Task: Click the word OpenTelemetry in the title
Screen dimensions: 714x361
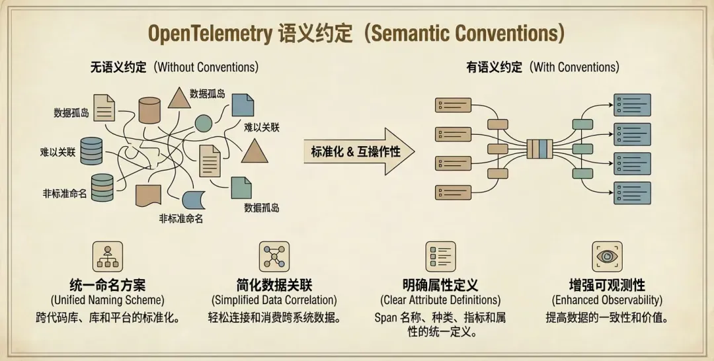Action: coord(210,34)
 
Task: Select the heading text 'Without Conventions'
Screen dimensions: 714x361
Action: coord(206,67)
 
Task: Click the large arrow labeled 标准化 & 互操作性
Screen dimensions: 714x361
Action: coord(359,151)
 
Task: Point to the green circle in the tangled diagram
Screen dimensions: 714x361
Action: coord(204,124)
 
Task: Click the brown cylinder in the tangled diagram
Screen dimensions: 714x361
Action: coord(149,110)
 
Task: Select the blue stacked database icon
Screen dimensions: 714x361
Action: coord(91,151)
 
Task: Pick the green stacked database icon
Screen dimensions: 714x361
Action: coord(102,187)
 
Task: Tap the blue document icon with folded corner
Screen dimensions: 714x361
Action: coord(243,105)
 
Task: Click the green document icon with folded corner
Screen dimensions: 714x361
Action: coord(241,188)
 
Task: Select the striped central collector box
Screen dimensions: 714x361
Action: coord(539,149)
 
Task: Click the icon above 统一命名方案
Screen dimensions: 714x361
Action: coord(108,257)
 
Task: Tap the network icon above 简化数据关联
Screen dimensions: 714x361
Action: coord(274,257)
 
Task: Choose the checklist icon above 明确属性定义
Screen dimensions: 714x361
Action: coord(440,257)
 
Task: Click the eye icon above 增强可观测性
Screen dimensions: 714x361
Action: coord(607,257)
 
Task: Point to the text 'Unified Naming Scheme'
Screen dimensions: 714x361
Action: coord(108,300)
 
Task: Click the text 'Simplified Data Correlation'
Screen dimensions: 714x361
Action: coord(274,300)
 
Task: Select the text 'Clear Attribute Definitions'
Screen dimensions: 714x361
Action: coord(440,300)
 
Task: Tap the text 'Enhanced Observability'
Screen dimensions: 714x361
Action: coord(607,300)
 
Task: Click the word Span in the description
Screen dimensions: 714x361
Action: coord(385,317)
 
